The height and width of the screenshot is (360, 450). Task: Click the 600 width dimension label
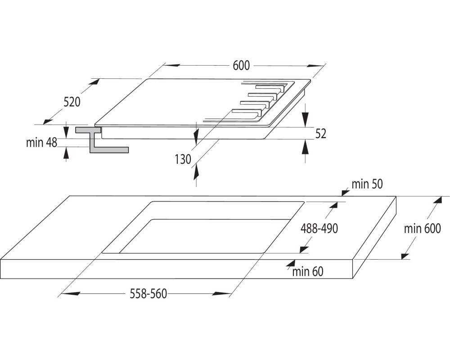(241, 66)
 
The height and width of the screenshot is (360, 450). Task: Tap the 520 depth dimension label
(72, 102)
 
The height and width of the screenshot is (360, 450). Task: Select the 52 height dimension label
(321, 134)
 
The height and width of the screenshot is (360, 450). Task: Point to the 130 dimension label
(183, 159)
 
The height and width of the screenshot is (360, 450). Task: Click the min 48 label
(41, 142)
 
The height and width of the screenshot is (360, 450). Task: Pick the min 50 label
(367, 184)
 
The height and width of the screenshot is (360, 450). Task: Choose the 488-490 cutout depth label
(319, 229)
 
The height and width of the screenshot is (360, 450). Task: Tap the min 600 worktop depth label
(422, 229)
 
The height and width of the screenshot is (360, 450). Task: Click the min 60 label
(308, 272)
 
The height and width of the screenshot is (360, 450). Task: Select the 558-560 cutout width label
(148, 294)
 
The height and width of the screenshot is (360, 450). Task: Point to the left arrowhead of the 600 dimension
(171, 65)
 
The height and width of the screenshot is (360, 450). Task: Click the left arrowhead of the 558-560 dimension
(70, 293)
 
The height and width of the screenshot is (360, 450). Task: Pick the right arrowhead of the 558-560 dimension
(222, 293)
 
